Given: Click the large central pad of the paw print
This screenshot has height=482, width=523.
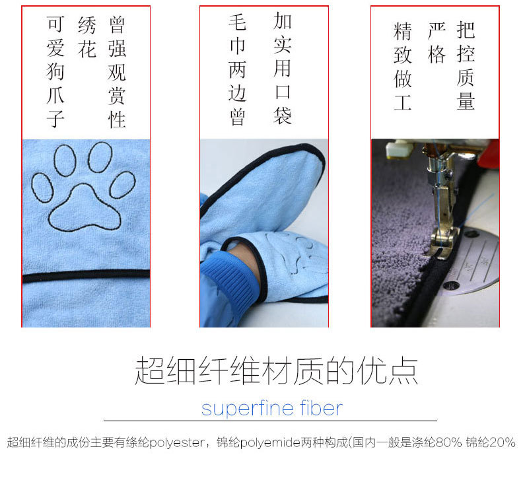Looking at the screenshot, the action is pos(85,209).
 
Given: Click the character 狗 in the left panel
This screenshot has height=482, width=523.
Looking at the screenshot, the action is pos(55,71).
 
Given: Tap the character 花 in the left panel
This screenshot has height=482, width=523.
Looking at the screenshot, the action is pos(87,49).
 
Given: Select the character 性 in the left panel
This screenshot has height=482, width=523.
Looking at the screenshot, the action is pos(117,120).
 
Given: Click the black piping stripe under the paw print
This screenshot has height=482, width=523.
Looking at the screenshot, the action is pos(86,276).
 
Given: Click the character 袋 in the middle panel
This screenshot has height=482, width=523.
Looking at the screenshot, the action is pos(283,116).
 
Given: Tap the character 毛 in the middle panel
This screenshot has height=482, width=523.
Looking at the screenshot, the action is pos(238,22).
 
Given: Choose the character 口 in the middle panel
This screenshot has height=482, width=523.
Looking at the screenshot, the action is pos(283,92).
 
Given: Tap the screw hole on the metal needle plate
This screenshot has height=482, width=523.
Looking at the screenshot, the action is pos(451,285).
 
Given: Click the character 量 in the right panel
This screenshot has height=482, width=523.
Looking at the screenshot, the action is pos(466,101).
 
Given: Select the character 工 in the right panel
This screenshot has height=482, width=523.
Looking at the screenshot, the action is pos(403,102).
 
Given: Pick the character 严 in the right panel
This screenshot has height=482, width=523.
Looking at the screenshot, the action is pos(436,30).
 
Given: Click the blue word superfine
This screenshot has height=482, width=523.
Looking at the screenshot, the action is pos(248,408).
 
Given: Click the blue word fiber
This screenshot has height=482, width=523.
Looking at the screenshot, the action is pos(321,407).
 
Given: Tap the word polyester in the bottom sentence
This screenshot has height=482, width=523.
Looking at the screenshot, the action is pos(177,443).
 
